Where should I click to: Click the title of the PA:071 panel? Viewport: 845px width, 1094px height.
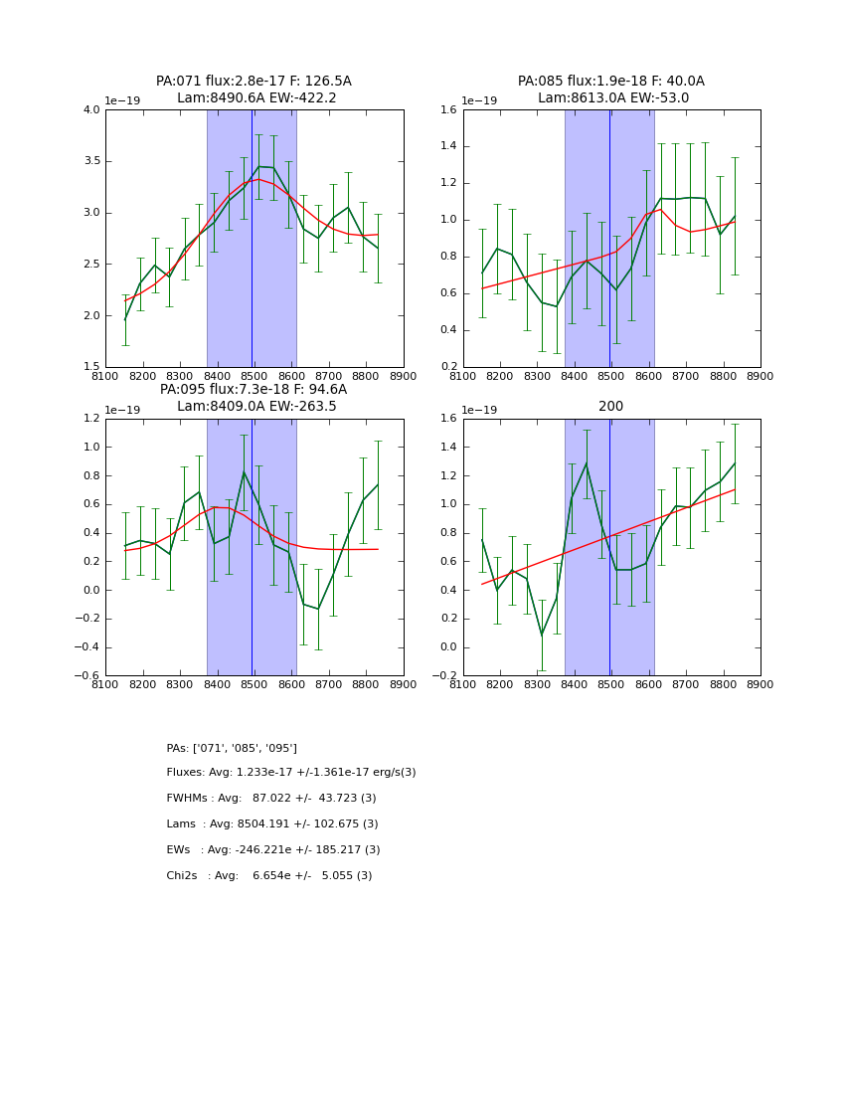253,90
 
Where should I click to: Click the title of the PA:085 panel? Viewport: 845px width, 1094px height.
610,90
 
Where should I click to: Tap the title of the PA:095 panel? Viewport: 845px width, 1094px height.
253,398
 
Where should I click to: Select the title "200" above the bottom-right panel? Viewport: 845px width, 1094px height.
610,407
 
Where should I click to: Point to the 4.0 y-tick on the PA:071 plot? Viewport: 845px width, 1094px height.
91,109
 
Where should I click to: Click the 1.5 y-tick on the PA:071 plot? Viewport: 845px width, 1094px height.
91,367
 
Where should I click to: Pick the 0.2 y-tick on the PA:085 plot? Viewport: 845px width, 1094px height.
449,367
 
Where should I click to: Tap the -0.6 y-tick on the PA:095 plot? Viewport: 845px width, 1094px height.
87,675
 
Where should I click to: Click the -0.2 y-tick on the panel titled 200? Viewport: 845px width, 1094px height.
445,675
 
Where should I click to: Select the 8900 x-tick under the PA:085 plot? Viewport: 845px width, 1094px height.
760,377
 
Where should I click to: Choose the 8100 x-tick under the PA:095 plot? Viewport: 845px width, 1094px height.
105,685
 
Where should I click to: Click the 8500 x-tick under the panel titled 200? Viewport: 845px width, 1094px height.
610,685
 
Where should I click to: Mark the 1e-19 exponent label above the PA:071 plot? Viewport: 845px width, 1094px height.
122,100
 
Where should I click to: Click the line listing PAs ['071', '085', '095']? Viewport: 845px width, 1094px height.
232,748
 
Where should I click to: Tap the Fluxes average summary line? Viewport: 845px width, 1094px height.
291,773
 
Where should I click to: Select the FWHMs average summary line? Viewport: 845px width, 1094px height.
271,799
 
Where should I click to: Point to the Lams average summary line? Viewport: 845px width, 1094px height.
272,824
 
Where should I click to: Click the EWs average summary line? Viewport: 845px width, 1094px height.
273,850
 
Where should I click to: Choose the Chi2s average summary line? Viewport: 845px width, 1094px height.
269,876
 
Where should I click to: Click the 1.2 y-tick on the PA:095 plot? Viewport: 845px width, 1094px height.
91,419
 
